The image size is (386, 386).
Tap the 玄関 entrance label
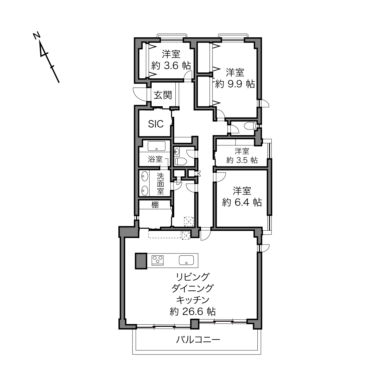point(163,95)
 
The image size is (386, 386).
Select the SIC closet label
point(156,124)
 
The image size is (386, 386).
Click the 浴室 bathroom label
point(155,159)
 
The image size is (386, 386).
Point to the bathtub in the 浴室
point(156,146)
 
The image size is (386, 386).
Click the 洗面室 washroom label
point(160,183)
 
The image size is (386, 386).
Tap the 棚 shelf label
point(155,205)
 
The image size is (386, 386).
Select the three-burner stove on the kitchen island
point(158,260)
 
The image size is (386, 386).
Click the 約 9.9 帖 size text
point(235,84)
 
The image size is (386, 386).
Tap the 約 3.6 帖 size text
point(171,65)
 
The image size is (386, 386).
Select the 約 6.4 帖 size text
point(242,203)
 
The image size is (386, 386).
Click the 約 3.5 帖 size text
point(242,160)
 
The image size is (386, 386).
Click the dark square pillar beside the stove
point(141,261)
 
